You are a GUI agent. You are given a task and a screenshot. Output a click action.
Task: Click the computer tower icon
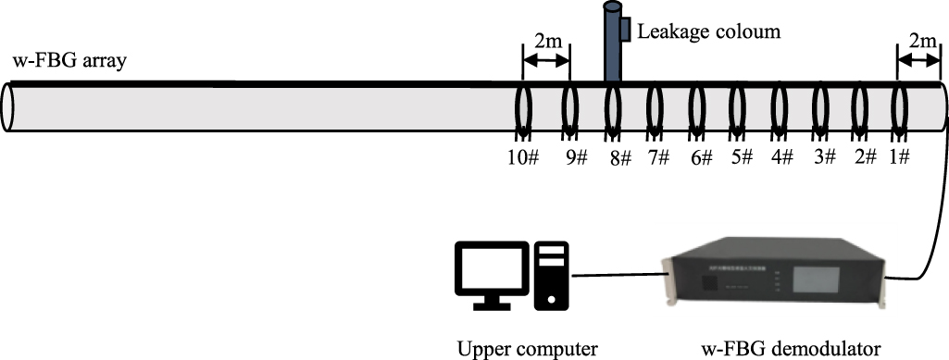point(550,274)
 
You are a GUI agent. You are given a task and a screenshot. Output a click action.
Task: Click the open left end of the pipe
point(9,109)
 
